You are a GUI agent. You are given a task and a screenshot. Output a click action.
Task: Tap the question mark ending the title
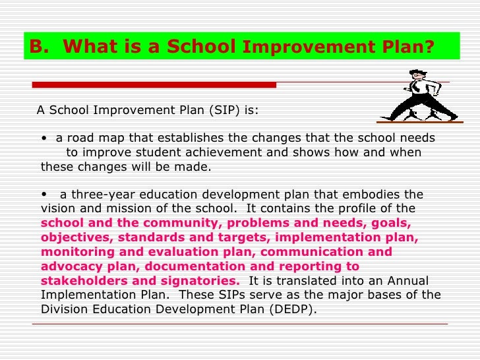coord(430,47)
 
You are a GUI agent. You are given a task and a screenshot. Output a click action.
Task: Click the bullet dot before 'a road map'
coord(43,138)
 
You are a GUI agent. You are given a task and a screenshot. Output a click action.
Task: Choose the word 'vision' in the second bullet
coord(57,208)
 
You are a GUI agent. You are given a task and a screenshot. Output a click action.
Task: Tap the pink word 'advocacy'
coord(69,266)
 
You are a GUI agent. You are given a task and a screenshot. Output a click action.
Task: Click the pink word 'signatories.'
coord(196,281)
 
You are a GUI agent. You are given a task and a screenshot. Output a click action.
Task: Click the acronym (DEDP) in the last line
coord(291,309)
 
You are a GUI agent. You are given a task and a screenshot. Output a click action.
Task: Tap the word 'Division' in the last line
coord(64,309)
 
